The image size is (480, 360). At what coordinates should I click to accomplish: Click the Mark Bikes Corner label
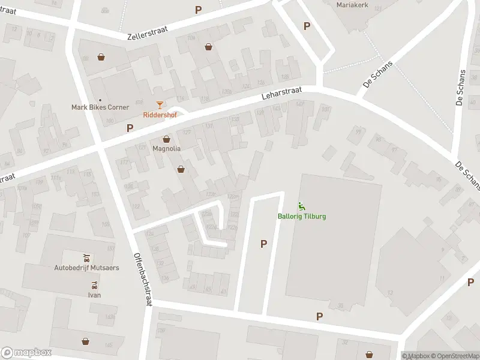point(100,107)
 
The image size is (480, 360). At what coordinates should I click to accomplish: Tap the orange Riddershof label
point(160,115)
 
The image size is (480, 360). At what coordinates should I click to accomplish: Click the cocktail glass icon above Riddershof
point(160,105)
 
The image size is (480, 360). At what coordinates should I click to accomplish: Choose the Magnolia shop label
point(166,148)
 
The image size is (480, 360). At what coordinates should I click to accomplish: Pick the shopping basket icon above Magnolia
point(166,139)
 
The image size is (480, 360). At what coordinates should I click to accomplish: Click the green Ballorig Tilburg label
point(302,216)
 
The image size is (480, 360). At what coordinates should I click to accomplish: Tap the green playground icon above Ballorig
point(301,207)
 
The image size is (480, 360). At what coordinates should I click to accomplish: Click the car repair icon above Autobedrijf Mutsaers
point(86,258)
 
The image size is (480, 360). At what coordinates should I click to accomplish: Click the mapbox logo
point(26,353)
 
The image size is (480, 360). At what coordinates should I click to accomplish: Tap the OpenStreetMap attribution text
point(453,356)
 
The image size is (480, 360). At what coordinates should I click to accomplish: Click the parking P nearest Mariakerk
point(307,26)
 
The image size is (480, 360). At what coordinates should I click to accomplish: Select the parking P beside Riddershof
point(130,127)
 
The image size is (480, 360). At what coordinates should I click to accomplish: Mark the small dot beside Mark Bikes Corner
point(100,100)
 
